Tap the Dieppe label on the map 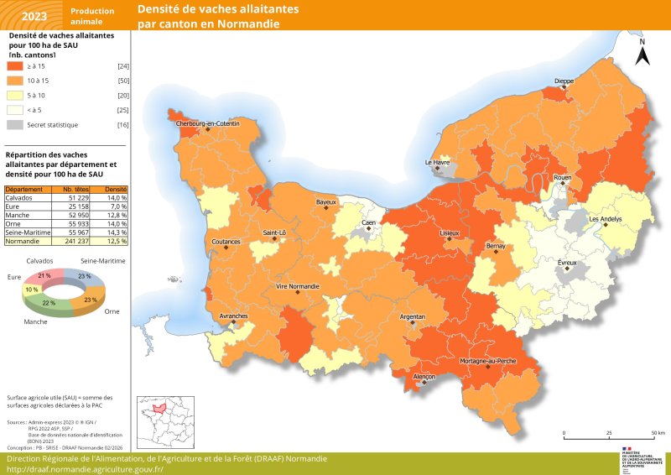pos(564,81)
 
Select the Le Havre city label pos(438,161)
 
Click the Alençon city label pos(424,377)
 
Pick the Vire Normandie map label pos(298,286)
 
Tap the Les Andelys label pos(606,219)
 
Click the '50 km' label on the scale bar pos(658,433)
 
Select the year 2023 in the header pos(34,15)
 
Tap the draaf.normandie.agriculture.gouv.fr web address pos(85,469)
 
